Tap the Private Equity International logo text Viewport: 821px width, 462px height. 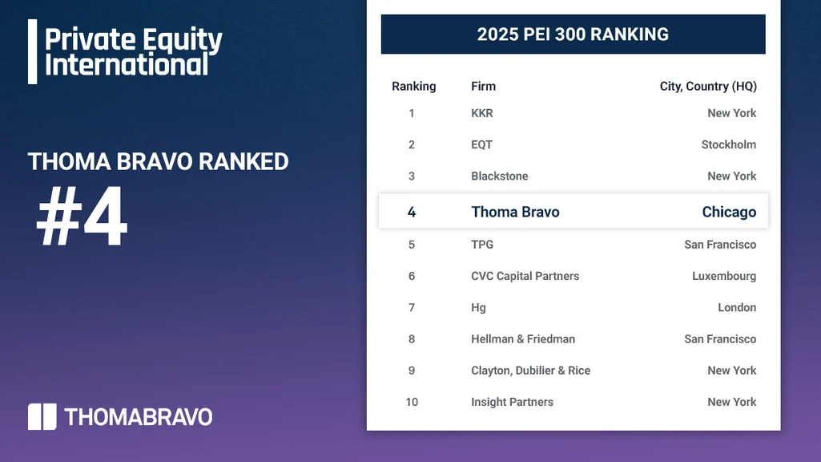(x=133, y=51)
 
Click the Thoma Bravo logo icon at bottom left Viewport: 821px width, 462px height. (x=42, y=416)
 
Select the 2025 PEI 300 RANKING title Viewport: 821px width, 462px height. (x=573, y=34)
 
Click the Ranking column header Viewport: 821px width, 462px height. (x=413, y=86)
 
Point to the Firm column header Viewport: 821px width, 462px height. (x=483, y=86)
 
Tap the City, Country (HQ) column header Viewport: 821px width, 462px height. (x=708, y=86)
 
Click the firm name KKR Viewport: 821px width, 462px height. (x=482, y=113)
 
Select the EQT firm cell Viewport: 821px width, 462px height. (x=481, y=144)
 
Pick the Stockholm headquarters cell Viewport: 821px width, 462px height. (x=729, y=144)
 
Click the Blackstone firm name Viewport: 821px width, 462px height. (x=500, y=176)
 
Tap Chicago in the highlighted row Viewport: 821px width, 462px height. (x=729, y=212)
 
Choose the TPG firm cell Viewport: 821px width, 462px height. (x=482, y=244)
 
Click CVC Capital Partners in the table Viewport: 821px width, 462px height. (x=525, y=276)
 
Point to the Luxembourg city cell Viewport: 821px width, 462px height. (x=724, y=276)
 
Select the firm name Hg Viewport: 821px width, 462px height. (x=478, y=307)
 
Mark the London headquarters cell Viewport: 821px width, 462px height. (x=737, y=307)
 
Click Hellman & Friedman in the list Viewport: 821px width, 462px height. (x=523, y=338)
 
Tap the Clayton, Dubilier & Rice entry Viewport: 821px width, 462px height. (x=530, y=371)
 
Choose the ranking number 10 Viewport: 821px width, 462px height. (x=412, y=402)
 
